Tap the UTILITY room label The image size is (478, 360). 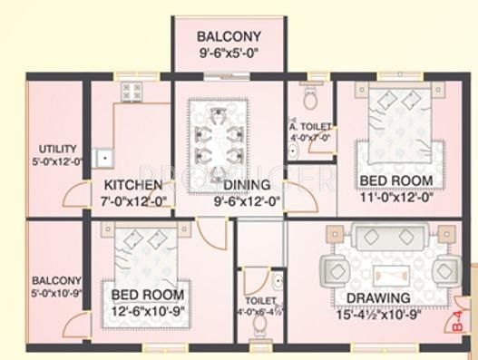point(57,149)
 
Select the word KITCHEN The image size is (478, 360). point(133,185)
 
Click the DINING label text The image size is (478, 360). point(246,185)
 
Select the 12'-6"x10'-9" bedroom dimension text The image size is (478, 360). point(146,311)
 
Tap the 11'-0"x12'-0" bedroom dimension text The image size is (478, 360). point(396,197)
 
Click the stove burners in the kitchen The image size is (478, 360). point(132,91)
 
